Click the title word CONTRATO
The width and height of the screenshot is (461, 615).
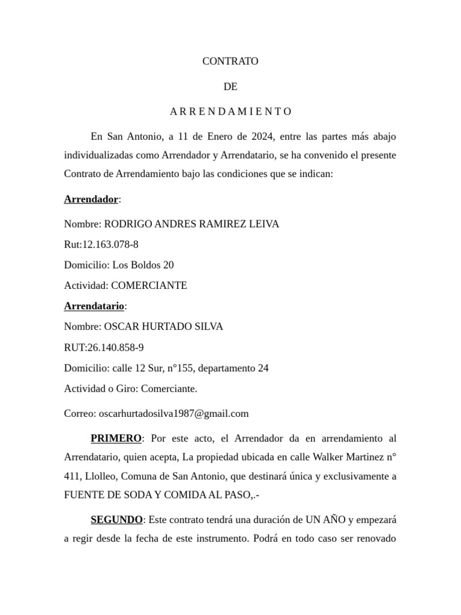(x=230, y=61)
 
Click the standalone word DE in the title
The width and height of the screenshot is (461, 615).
(x=230, y=86)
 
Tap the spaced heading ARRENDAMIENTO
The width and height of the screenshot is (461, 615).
(x=230, y=112)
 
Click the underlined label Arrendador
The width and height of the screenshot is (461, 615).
(x=91, y=199)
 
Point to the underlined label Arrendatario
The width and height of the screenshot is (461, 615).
(x=94, y=306)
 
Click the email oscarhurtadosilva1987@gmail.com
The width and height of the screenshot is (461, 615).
(x=173, y=414)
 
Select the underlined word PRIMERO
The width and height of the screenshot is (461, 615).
(x=116, y=438)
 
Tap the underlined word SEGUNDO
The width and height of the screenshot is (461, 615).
(x=116, y=520)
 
